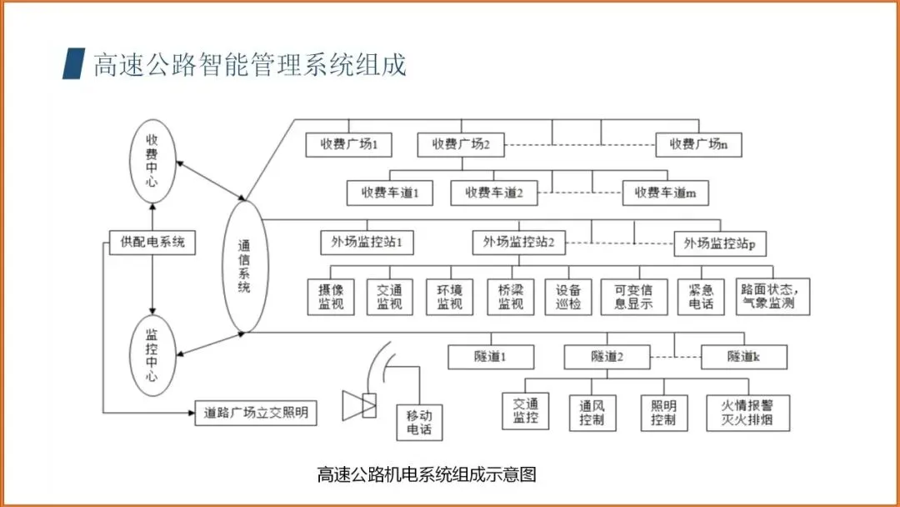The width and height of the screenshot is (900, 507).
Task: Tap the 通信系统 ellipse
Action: click(x=244, y=265)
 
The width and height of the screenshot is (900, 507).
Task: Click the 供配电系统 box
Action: click(x=152, y=243)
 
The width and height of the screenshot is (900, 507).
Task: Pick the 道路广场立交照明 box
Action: click(x=257, y=412)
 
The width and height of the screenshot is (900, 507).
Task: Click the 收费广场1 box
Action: click(x=348, y=144)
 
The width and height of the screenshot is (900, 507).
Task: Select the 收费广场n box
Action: click(x=699, y=144)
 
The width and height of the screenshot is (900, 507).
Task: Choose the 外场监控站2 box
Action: click(x=519, y=243)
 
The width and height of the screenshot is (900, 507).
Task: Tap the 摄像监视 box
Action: click(x=331, y=297)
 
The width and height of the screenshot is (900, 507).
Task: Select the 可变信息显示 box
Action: click(x=633, y=297)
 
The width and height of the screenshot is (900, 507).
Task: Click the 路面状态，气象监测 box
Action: click(x=773, y=297)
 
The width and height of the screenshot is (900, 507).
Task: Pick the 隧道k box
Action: click(x=744, y=357)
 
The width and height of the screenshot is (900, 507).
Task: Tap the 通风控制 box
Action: click(x=592, y=413)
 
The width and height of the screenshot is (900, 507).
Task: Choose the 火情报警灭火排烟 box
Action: click(x=747, y=413)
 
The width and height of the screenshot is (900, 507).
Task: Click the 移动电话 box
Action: click(x=418, y=423)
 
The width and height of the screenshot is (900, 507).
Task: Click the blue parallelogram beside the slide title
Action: click(x=74, y=64)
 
